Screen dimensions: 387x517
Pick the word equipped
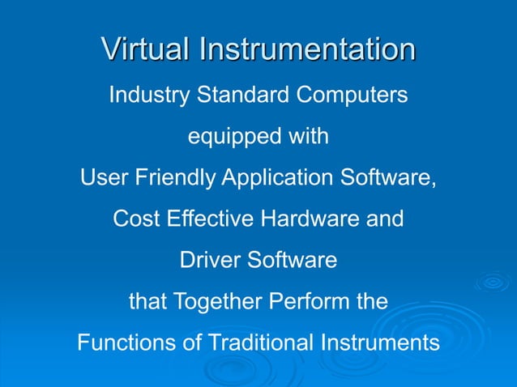coord(224,138)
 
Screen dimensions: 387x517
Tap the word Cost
coord(135,219)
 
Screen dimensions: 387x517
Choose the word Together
coord(212,304)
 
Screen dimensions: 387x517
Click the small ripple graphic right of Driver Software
coord(492,283)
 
